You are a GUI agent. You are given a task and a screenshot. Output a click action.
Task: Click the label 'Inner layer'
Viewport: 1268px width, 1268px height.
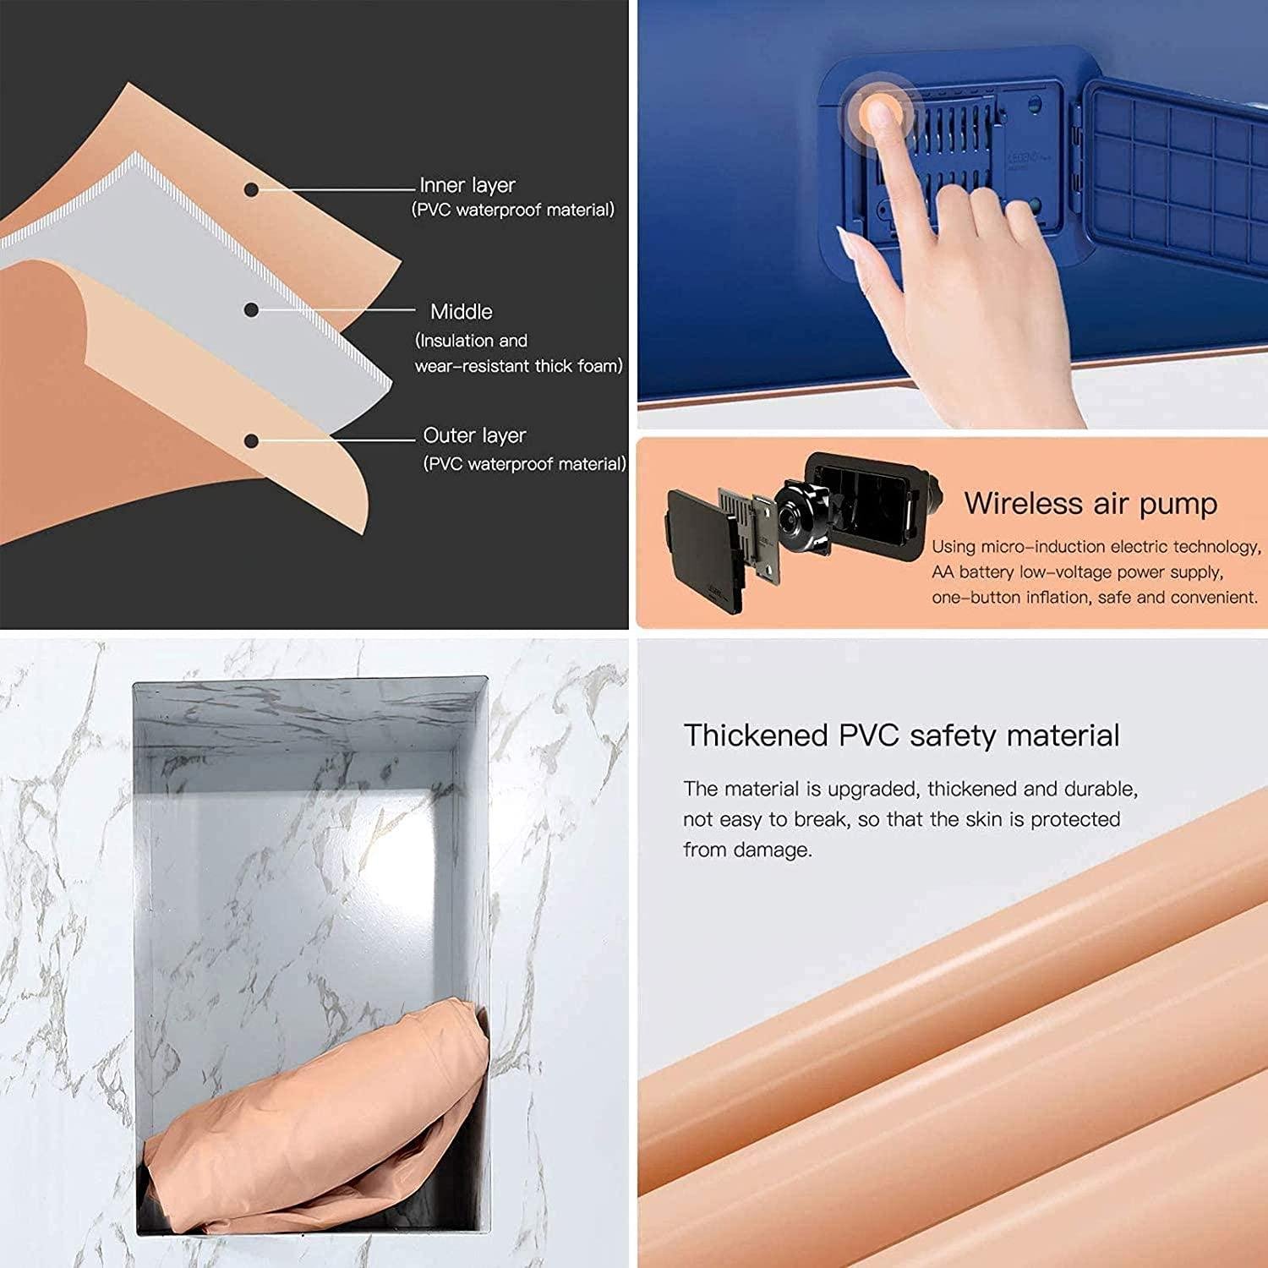467,185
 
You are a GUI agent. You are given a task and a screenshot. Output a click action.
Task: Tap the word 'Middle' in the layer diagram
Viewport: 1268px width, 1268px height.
461,312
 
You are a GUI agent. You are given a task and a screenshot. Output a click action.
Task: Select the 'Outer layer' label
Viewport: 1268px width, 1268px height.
474,435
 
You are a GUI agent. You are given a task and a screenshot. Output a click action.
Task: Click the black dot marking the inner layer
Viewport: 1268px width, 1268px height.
251,190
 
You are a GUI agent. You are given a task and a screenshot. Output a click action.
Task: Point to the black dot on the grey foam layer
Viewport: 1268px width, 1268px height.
251,310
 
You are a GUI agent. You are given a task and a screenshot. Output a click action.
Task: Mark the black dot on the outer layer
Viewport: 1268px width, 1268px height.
251,440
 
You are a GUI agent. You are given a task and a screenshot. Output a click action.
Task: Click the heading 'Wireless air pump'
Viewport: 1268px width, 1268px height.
1090,504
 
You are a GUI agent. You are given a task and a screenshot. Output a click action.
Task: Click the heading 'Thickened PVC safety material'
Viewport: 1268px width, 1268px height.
901,735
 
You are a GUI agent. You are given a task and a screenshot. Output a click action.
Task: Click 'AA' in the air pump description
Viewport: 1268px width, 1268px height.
943,572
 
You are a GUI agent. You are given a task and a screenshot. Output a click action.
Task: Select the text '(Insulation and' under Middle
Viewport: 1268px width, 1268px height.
471,341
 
